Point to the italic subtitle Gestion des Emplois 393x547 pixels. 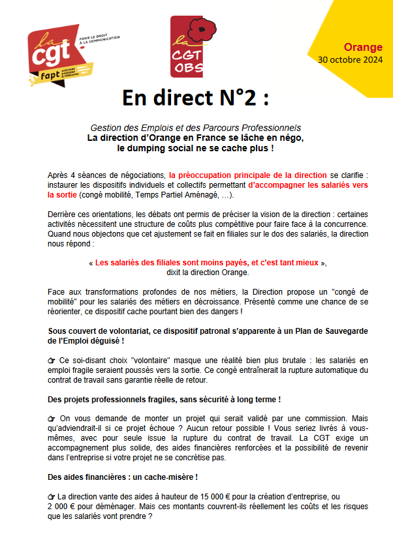(x=196, y=128)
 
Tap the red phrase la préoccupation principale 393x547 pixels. (x=247, y=175)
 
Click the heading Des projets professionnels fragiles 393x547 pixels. (x=165, y=399)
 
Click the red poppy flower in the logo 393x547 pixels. (x=203, y=30)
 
